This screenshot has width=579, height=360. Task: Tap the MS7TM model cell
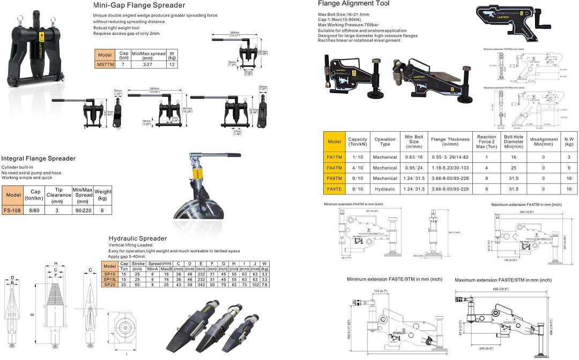(x=105, y=64)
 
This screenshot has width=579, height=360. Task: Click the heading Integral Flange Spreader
(x=38, y=159)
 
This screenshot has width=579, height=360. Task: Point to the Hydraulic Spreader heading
(x=138, y=238)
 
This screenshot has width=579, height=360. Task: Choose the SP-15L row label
(x=109, y=280)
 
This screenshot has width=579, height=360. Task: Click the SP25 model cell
(x=109, y=284)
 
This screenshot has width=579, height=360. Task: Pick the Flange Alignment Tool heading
(x=354, y=4)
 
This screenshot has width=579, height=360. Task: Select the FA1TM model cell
(x=334, y=157)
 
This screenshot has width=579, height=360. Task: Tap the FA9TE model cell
(x=334, y=189)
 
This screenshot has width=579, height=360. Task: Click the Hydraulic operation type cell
(x=385, y=189)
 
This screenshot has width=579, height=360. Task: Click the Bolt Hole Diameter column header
(x=514, y=142)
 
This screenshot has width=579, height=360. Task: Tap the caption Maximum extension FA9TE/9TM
(x=502, y=280)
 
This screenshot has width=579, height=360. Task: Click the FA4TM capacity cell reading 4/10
(x=358, y=168)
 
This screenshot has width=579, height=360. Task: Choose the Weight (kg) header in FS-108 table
(x=103, y=194)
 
